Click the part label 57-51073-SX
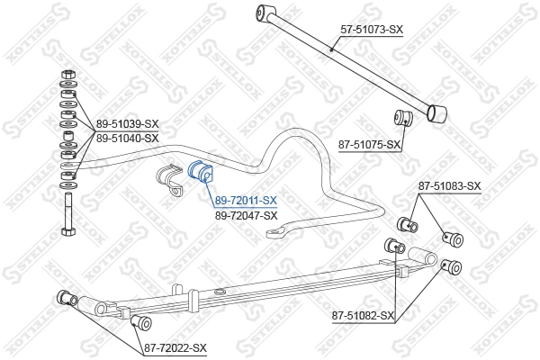[x=372, y=30]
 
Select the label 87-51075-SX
[x=368, y=143]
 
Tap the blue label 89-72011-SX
[x=245, y=201]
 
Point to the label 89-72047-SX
[x=245, y=215]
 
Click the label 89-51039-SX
[x=127, y=124]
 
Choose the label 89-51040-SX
[x=127, y=138]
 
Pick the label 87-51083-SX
[x=449, y=186]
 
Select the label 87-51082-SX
[x=363, y=315]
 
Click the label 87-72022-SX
[x=175, y=347]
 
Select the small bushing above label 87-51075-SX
[x=403, y=116]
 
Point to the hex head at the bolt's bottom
[x=67, y=231]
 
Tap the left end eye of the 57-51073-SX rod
[x=264, y=13]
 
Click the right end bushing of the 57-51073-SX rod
[x=437, y=113]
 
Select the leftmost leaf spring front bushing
[x=65, y=298]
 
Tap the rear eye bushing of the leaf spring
[x=451, y=265]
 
